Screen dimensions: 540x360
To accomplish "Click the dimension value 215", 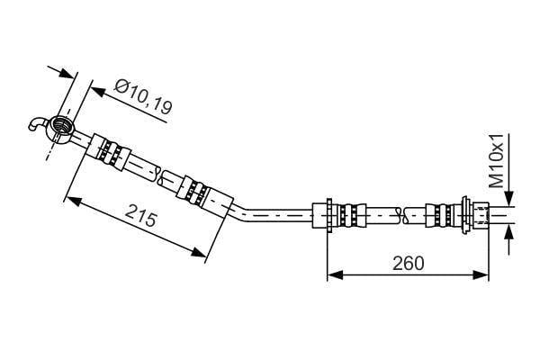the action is (x=141, y=215).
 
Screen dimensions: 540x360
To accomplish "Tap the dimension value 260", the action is (x=409, y=264).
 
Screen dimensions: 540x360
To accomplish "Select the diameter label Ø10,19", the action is (x=143, y=97).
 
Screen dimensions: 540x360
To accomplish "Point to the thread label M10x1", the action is (x=496, y=161).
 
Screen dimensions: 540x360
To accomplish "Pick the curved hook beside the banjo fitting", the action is (x=36, y=124).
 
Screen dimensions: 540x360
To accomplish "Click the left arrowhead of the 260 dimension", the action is (x=335, y=274).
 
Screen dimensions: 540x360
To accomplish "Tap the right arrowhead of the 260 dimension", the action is (x=481, y=274).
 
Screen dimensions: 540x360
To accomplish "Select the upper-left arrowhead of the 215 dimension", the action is (x=74, y=201).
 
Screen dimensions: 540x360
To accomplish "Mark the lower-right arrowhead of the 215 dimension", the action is (x=198, y=252).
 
